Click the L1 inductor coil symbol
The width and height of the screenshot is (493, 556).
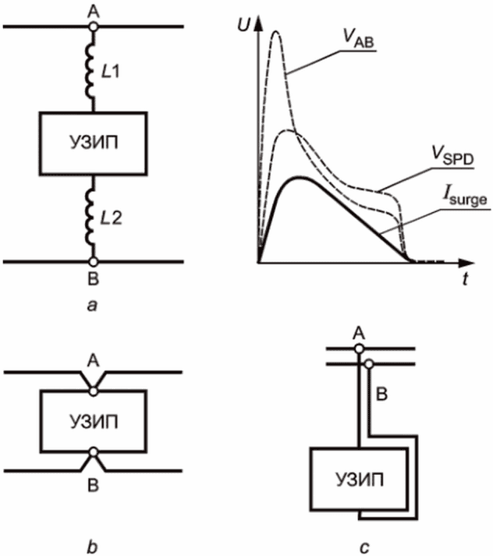(90, 71)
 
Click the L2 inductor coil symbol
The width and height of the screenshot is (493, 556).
(90, 218)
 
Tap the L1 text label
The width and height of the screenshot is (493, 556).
(110, 72)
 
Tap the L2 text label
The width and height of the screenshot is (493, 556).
(111, 218)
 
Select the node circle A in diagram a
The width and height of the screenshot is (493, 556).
(93, 27)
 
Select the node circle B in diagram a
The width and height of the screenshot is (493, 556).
(93, 262)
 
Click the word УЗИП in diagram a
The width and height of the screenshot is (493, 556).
(94, 143)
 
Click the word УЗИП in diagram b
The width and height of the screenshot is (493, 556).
(94, 422)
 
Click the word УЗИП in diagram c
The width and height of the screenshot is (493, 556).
(360, 480)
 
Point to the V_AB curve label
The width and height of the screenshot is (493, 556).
(358, 37)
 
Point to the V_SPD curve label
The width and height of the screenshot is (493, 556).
(452, 156)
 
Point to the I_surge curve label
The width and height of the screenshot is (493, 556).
(465, 196)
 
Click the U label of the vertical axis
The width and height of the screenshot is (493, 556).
(244, 25)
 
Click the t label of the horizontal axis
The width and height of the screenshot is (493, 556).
(465, 279)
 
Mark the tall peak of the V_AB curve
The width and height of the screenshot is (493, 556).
(276, 31)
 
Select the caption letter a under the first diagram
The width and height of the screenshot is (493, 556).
(92, 306)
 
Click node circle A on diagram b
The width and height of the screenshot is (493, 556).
(94, 391)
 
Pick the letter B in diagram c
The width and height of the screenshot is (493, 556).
(381, 394)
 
